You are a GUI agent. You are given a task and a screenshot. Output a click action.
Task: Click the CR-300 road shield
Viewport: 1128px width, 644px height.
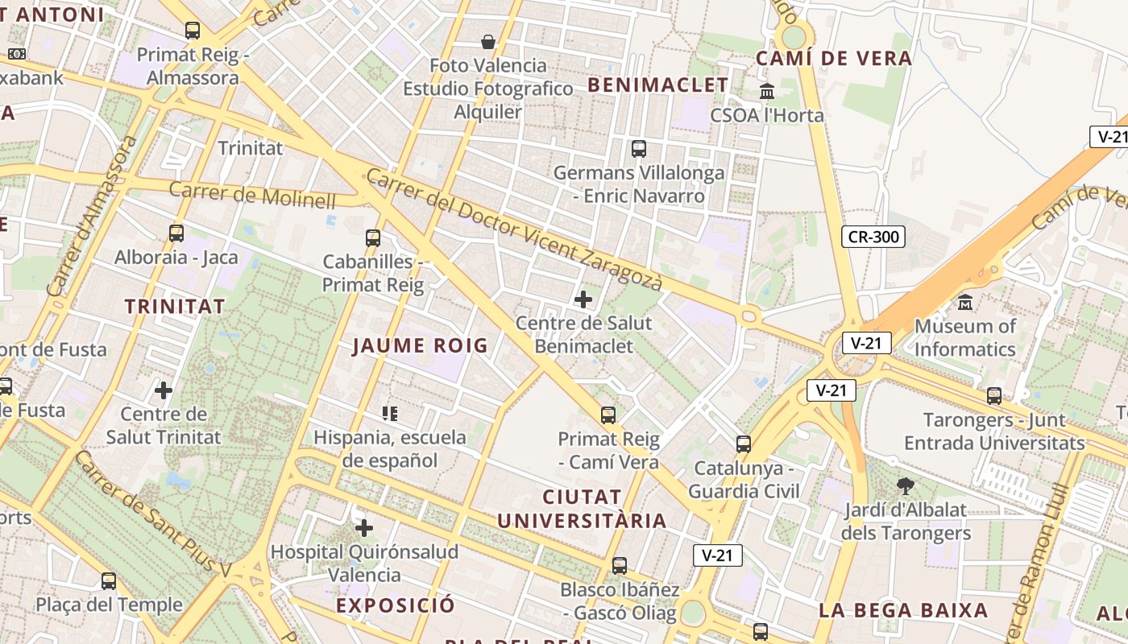point(873,237)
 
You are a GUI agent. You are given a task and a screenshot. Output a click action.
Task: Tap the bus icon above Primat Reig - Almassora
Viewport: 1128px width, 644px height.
point(192,31)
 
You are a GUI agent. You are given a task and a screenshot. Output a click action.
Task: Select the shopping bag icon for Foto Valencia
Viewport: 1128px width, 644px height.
point(487,42)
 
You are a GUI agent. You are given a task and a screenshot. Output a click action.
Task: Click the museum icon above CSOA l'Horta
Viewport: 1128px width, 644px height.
point(767,91)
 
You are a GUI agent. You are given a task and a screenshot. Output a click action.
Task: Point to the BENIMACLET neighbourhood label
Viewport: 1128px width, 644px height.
point(658,85)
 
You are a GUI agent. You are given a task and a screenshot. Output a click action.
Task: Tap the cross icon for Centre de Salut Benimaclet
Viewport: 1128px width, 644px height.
point(583,299)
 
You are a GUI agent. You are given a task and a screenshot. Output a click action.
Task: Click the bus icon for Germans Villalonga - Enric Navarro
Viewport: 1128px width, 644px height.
point(639,149)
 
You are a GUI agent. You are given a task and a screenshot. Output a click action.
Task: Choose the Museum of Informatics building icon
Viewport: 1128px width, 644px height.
point(965,303)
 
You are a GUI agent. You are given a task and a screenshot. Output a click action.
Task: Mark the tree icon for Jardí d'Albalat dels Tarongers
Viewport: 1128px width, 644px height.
point(906,485)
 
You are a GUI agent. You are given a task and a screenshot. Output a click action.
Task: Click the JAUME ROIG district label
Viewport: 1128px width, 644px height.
point(421,346)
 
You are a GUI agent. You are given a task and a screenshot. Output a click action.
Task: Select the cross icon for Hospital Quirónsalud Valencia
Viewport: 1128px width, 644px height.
point(364,528)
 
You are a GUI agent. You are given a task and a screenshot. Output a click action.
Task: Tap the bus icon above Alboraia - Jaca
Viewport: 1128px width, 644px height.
point(176,233)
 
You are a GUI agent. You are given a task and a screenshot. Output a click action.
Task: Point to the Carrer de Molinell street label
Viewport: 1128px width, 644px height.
point(252,195)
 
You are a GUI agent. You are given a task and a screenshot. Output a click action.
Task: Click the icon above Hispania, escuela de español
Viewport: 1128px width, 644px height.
point(390,414)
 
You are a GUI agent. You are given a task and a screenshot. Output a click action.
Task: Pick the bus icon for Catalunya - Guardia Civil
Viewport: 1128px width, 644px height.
point(744,444)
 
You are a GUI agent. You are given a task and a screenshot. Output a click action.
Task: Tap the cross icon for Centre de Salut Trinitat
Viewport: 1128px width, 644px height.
point(164,391)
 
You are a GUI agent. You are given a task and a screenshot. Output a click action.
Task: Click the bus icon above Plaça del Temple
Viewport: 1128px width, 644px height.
point(109,580)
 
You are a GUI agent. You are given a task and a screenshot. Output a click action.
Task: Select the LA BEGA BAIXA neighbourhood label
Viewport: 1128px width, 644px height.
point(903,610)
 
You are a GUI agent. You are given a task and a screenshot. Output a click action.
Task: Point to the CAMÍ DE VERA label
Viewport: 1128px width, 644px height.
point(833,58)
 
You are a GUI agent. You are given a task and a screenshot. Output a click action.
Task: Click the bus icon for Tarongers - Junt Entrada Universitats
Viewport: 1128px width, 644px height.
point(994,396)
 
